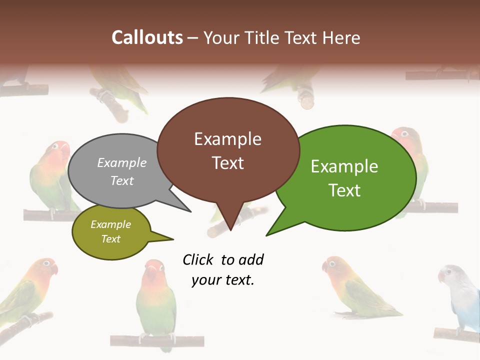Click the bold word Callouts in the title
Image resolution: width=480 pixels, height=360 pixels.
(147, 37)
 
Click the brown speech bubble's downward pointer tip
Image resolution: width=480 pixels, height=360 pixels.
(230, 230)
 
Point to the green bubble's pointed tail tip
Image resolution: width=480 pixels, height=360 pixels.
(266, 235)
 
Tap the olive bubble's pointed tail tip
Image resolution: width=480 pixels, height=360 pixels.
(173, 239)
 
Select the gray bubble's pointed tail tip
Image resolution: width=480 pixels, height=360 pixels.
(190, 211)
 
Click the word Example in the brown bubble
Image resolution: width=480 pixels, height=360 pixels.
(227, 139)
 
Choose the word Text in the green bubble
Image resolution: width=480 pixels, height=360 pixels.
(344, 190)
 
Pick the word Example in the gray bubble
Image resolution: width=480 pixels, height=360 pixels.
(122, 163)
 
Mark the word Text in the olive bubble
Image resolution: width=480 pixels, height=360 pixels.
(111, 239)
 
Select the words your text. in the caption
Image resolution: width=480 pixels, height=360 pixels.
(223, 280)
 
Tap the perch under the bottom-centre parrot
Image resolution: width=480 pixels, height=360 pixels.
(157, 341)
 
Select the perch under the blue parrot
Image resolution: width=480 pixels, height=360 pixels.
(456, 334)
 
